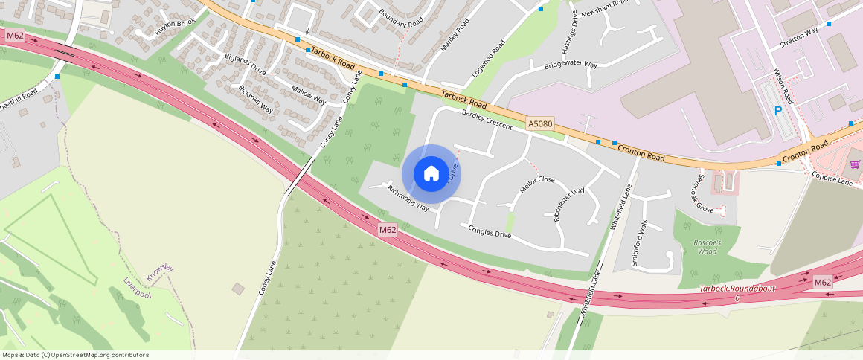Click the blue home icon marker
[431, 173]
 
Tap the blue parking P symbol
[778, 112]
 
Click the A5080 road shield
[541, 123]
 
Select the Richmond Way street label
[408, 198]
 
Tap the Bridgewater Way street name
[571, 65]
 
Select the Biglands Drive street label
[245, 63]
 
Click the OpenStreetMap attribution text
[75, 355]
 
